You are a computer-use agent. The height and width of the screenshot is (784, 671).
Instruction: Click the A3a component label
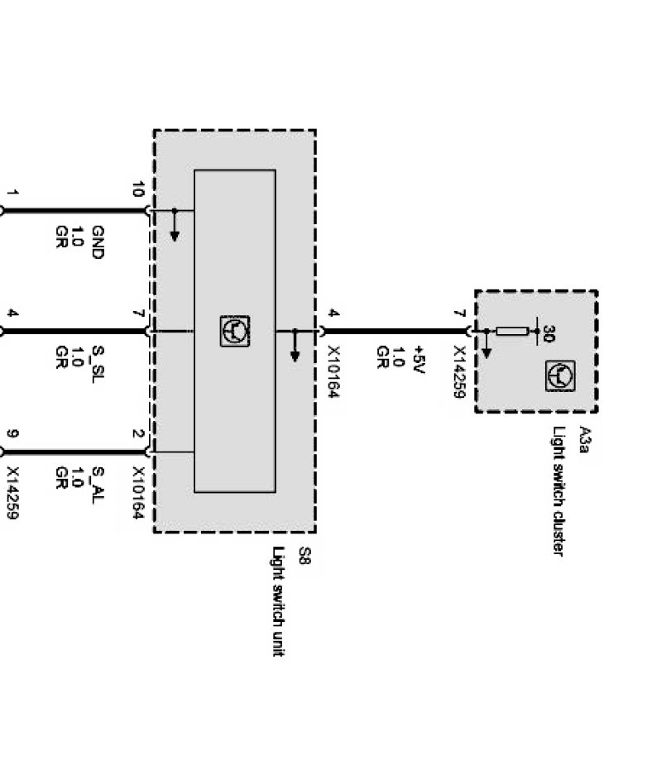(584, 440)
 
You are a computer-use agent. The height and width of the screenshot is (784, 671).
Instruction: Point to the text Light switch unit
(279, 601)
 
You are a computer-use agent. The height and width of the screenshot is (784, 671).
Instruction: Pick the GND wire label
(97, 242)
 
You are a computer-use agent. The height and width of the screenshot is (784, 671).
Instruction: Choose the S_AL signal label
(97, 482)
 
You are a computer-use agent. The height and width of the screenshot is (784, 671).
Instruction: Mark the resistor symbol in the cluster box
(512, 332)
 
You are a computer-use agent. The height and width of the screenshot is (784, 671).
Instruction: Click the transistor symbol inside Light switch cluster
(560, 376)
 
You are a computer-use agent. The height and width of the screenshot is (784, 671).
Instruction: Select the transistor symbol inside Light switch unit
(235, 332)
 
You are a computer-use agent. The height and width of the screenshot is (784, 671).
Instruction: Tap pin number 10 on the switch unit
(137, 191)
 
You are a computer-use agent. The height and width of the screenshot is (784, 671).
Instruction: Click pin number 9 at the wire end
(12, 433)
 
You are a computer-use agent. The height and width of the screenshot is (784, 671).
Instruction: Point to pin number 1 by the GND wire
(12, 194)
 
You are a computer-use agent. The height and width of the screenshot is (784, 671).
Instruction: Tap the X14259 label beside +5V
(458, 372)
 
